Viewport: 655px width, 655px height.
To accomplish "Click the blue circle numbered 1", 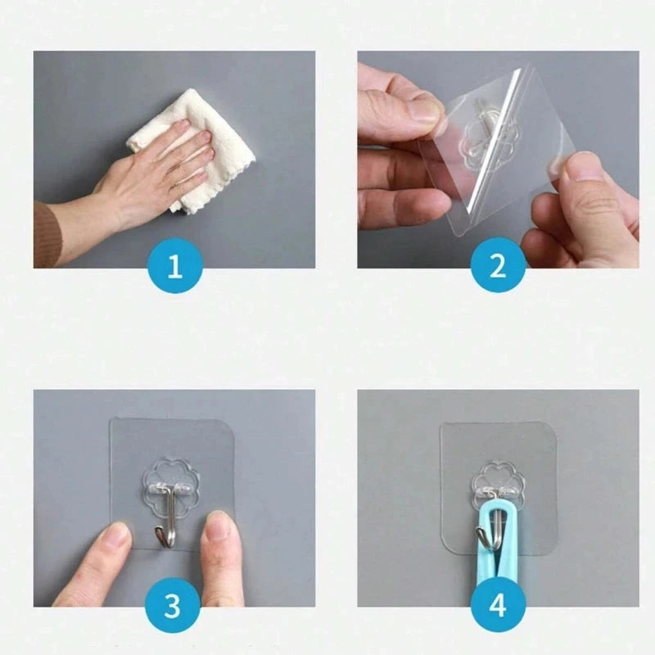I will click(x=174, y=268).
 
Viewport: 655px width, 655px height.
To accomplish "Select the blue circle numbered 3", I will click(x=173, y=607).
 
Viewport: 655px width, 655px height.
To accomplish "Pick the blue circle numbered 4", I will click(x=498, y=607).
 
